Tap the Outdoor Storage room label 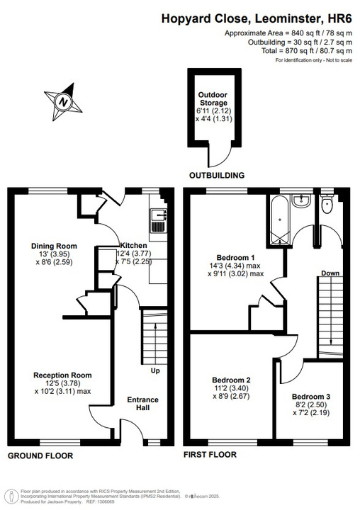click(213, 98)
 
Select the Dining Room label click(54, 246)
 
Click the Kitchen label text click(133, 245)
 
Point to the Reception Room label click(62, 375)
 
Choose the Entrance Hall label click(142, 404)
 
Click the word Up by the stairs click(154, 370)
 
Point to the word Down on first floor click(330, 273)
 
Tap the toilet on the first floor click(327, 205)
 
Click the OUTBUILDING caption click(216, 175)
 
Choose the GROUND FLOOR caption click(40, 455)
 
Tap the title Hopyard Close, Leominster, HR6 click(257, 21)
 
